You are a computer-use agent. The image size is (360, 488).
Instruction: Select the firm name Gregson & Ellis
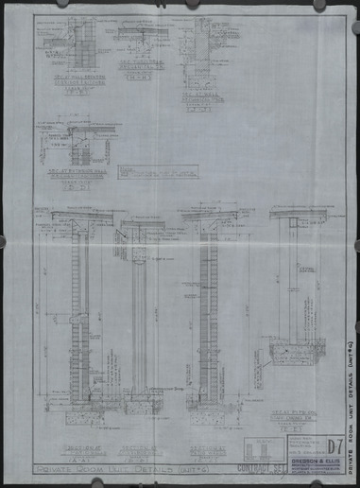tap(299, 449)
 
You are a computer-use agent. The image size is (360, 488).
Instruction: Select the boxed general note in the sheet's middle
tap(153, 173)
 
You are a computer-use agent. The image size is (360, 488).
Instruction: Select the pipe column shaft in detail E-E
tap(294, 284)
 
